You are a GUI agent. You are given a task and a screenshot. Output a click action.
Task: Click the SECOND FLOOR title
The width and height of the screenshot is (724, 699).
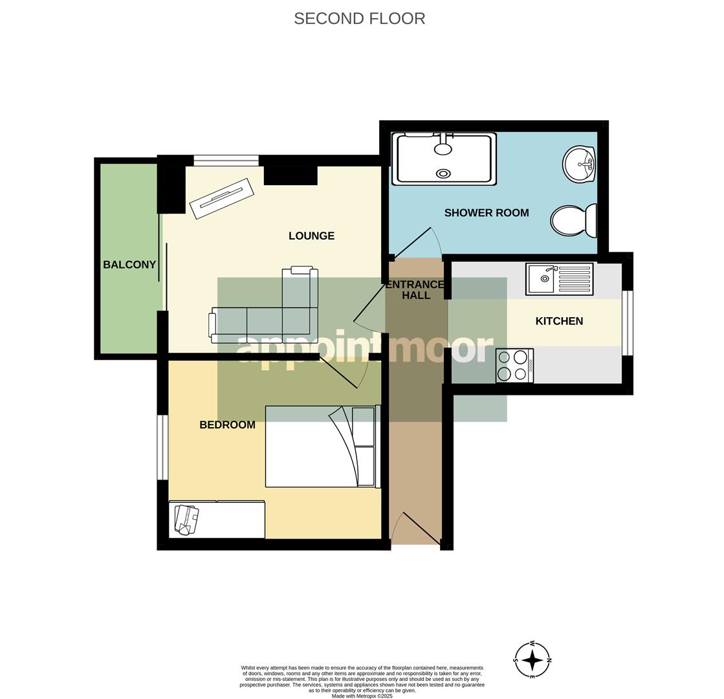pos(359,19)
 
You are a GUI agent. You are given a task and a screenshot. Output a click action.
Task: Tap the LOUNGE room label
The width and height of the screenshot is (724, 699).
pos(311,236)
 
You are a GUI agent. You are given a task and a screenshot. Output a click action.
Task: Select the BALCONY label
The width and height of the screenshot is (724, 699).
pos(129,265)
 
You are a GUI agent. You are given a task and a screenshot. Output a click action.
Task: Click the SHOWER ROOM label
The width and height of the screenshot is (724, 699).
pos(486,213)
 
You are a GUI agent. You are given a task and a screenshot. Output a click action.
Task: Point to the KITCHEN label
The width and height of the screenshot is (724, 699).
pos(559,321)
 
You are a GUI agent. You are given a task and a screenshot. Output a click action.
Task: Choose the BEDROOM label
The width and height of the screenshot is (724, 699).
pos(227,425)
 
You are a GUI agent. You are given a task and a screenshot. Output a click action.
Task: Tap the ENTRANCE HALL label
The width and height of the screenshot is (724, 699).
pos(415,290)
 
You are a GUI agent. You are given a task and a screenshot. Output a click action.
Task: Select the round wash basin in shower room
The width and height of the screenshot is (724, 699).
pos(578,164)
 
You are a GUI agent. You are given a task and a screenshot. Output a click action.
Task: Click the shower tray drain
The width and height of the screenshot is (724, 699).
pos(443,173)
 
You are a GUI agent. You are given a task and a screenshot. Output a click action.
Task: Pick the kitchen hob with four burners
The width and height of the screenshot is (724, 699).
pos(514,366)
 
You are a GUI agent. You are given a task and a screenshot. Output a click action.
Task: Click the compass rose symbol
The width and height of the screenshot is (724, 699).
pos(532,660)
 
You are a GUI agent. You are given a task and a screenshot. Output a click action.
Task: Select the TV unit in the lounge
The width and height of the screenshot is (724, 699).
pos(221,199)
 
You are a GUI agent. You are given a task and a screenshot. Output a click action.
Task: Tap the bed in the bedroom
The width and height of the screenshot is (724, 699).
pos(320,447)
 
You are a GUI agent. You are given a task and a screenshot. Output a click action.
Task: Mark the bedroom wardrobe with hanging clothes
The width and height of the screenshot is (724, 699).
pos(217,520)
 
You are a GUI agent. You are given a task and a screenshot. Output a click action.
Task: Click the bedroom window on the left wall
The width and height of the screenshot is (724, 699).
pos(162,447)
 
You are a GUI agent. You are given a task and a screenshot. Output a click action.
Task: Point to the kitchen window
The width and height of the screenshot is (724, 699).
pos(627,323)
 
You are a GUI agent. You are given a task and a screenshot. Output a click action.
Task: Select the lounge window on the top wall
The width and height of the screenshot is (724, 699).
pos(226,161)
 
